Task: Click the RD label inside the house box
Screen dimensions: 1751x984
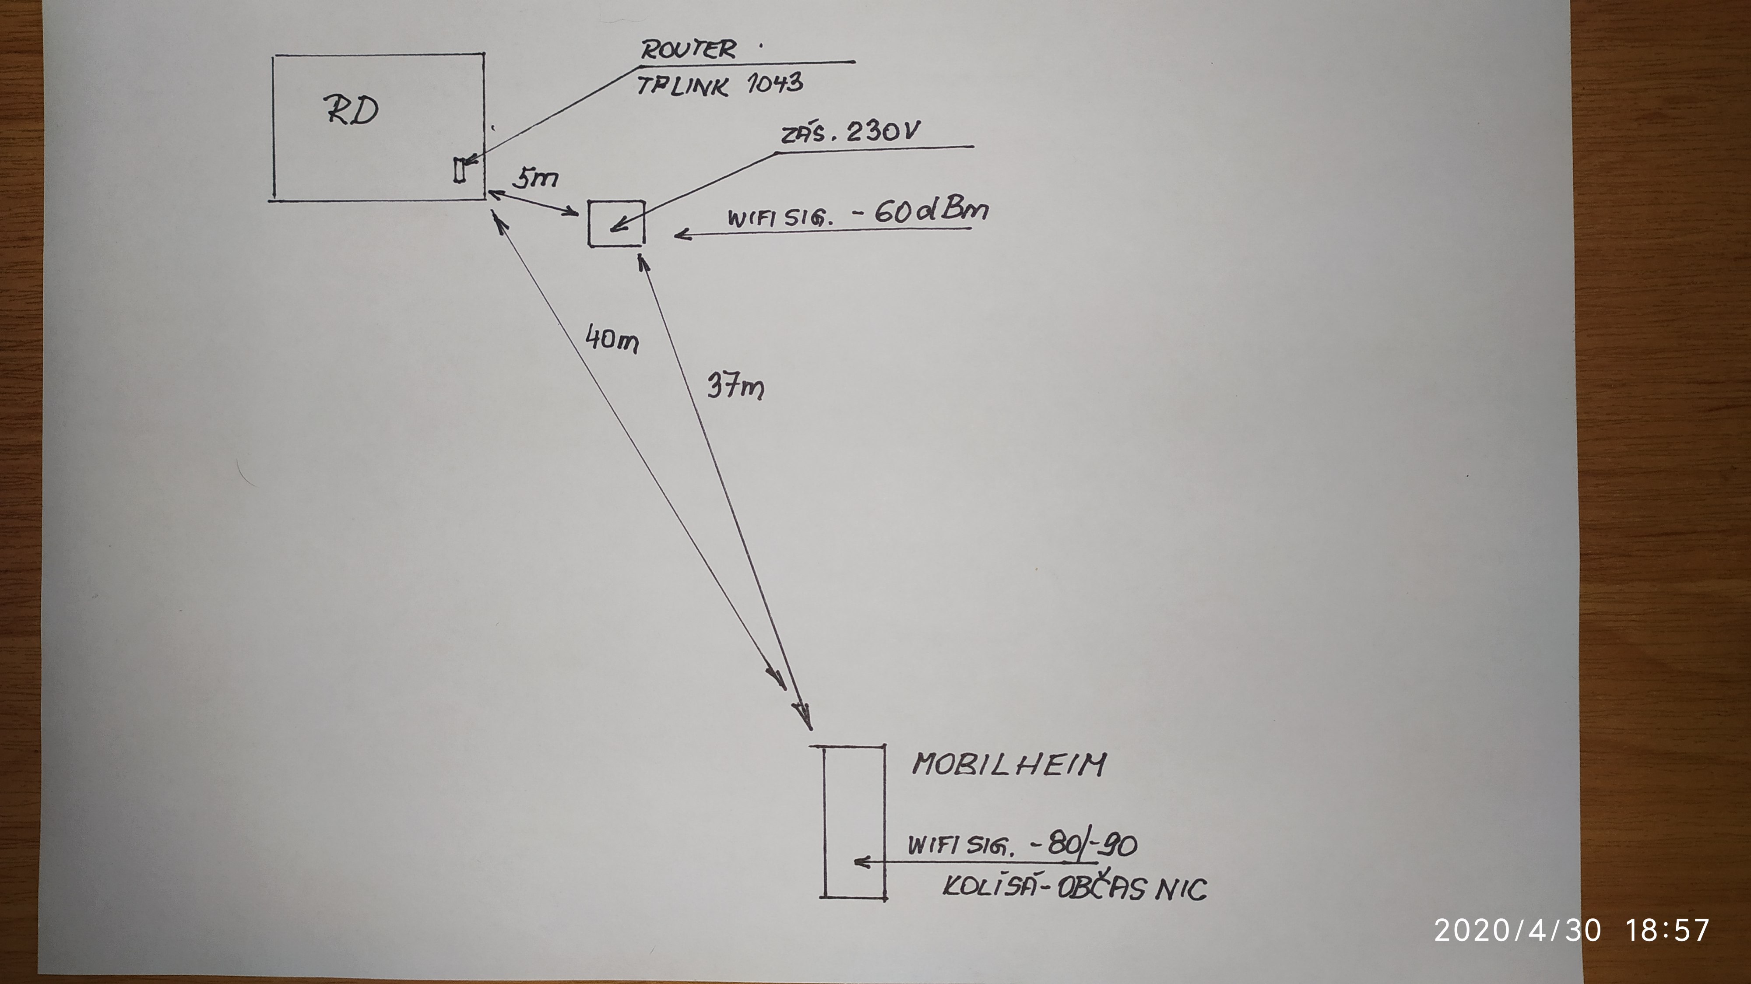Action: pyautogui.click(x=351, y=110)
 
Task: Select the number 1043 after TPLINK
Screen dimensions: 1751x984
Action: pyautogui.click(x=774, y=84)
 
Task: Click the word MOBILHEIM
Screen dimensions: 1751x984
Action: pyautogui.click(x=1009, y=765)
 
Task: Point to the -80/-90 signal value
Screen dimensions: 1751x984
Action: pyautogui.click(x=1083, y=845)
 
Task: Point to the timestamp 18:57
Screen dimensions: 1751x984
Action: pyautogui.click(x=1667, y=930)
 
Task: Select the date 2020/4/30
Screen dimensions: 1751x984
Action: pyautogui.click(x=1517, y=930)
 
